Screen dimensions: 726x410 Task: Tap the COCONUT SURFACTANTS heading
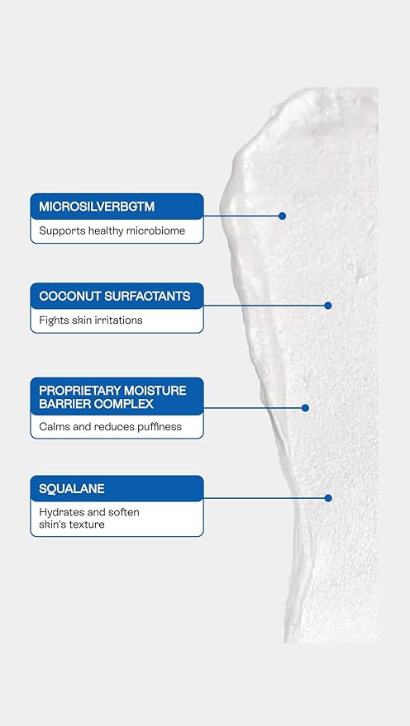pyautogui.click(x=115, y=296)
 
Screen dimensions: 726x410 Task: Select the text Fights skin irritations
pyautogui.click(x=91, y=320)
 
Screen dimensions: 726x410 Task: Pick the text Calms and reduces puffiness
pyautogui.click(x=111, y=427)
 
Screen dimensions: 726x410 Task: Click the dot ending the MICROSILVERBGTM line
pyautogui.click(x=282, y=216)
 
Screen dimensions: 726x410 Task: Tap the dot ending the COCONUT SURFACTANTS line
pyautogui.click(x=328, y=305)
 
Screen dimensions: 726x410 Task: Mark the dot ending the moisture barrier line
pyautogui.click(x=306, y=407)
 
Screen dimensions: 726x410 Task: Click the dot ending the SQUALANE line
pyautogui.click(x=328, y=497)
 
